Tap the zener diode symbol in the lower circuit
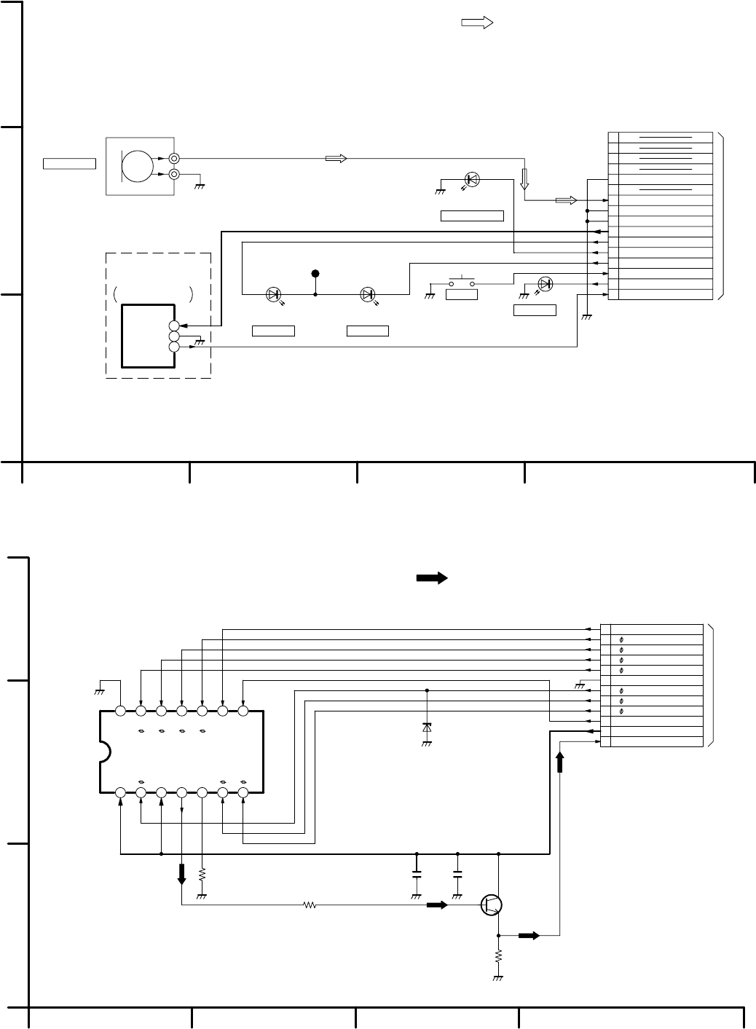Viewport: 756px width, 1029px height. pyautogui.click(x=427, y=728)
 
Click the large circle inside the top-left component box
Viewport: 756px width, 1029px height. pyautogui.click(x=138, y=165)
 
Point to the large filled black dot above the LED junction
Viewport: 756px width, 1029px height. pyautogui.click(x=315, y=274)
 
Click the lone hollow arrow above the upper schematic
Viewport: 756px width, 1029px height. pyautogui.click(x=478, y=23)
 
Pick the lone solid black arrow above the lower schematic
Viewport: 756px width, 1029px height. pyautogui.click(x=431, y=578)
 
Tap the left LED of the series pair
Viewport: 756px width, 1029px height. pyautogui.click(x=273, y=295)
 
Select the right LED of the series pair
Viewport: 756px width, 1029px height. pyautogui.click(x=368, y=295)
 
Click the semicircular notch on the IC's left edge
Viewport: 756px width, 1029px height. pyautogui.click(x=104, y=751)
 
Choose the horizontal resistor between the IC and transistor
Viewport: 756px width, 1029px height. pyautogui.click(x=310, y=906)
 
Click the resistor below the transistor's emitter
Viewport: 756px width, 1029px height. pyautogui.click(x=499, y=955)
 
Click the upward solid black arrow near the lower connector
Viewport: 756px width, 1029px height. pyautogui.click(x=559, y=762)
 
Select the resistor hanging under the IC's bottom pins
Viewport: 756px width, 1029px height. pyautogui.click(x=202, y=873)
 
